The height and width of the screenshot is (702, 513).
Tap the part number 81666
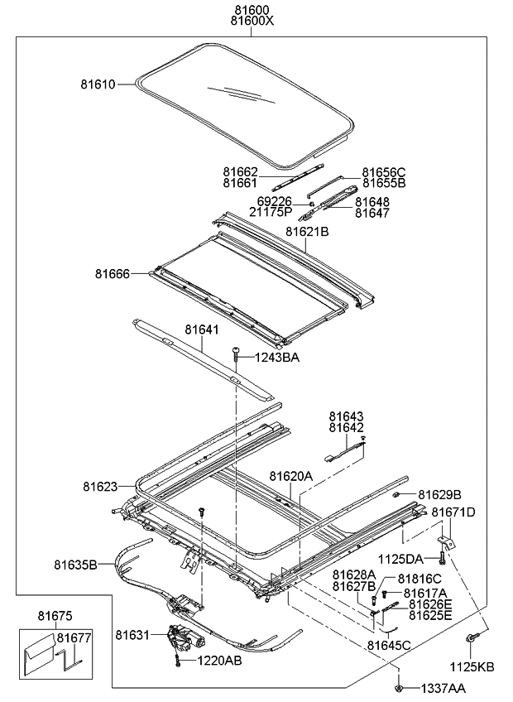[x=112, y=272]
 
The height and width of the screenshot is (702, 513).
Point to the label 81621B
[x=308, y=233]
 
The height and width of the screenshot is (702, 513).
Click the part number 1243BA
[x=277, y=358]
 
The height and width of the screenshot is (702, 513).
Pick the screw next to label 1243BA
[x=237, y=355]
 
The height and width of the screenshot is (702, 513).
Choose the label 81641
[x=201, y=329]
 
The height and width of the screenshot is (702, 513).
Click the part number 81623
[x=100, y=485]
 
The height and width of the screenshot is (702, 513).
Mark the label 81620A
[x=290, y=476]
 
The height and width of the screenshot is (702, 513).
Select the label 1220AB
[x=219, y=661]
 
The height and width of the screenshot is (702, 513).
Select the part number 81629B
[x=439, y=494]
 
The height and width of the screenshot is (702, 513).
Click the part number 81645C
[x=388, y=645]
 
